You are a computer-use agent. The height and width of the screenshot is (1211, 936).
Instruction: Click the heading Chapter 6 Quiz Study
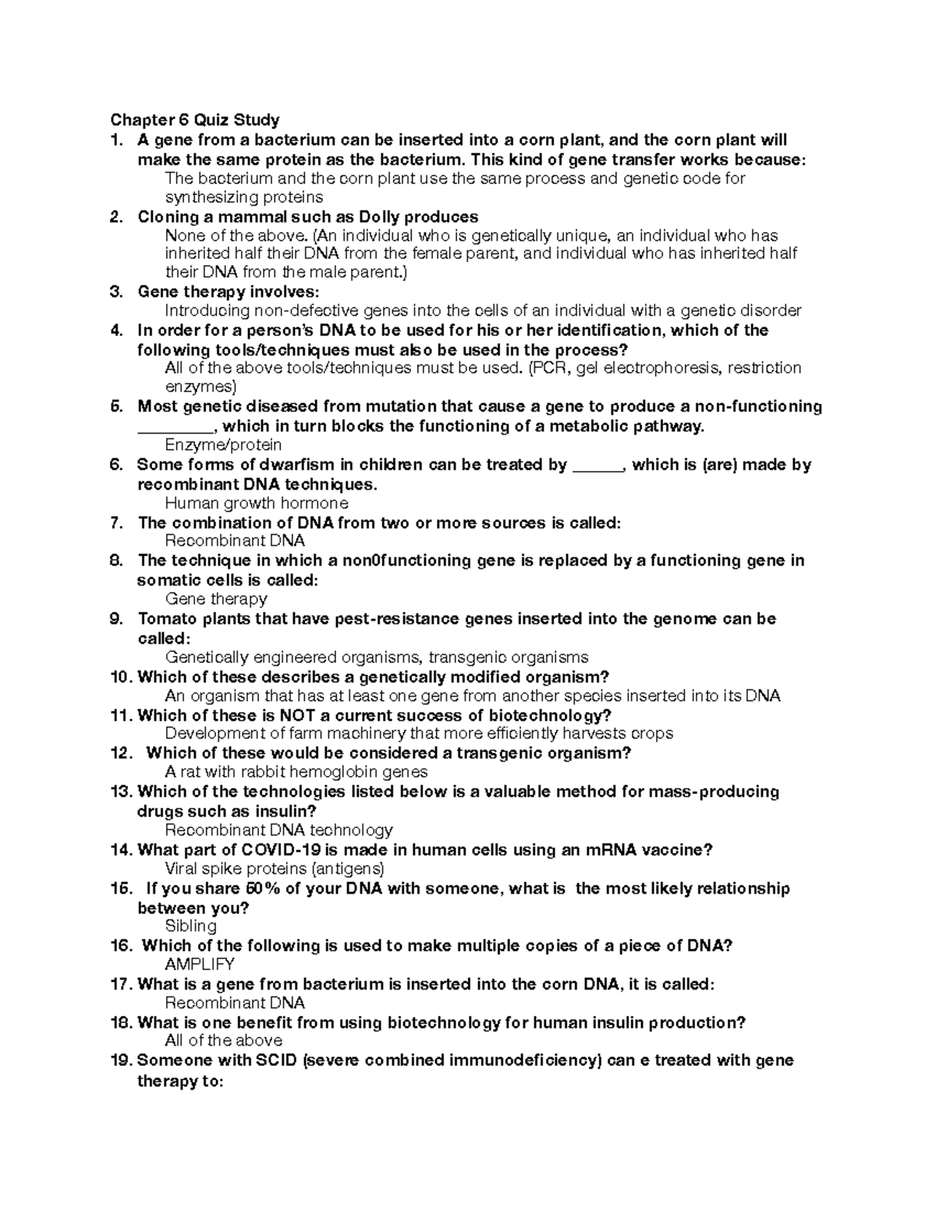(x=195, y=120)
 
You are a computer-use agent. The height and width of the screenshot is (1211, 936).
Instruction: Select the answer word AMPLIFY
(x=200, y=965)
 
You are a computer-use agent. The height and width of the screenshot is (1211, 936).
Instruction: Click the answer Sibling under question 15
(x=191, y=926)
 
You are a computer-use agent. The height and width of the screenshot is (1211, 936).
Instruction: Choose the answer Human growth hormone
(x=257, y=503)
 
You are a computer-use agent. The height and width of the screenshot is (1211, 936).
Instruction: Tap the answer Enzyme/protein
(x=223, y=445)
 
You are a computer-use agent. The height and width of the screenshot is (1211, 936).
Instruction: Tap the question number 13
(x=122, y=791)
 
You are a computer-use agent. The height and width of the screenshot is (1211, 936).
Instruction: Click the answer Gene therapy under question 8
(x=216, y=599)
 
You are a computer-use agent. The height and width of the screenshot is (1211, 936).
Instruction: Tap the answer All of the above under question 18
(x=224, y=1041)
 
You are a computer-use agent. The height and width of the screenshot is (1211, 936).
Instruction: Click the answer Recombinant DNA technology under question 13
(x=278, y=830)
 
